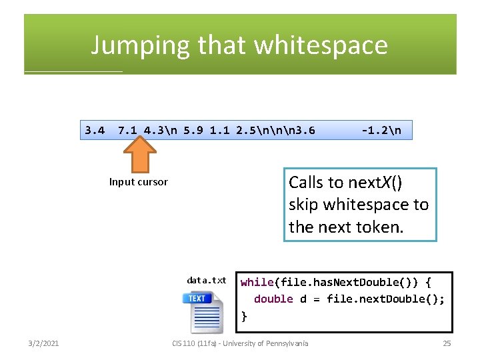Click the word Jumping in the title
click(141, 45)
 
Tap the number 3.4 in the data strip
click(95, 130)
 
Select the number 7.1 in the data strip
click(127, 130)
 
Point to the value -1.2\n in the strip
click(381, 130)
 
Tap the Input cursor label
click(139, 182)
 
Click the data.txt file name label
click(206, 281)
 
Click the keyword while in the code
click(257, 283)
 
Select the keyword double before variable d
click(273, 299)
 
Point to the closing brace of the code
click(244, 316)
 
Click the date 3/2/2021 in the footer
click(43, 343)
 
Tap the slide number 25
click(447, 343)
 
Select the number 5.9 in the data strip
click(193, 130)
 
